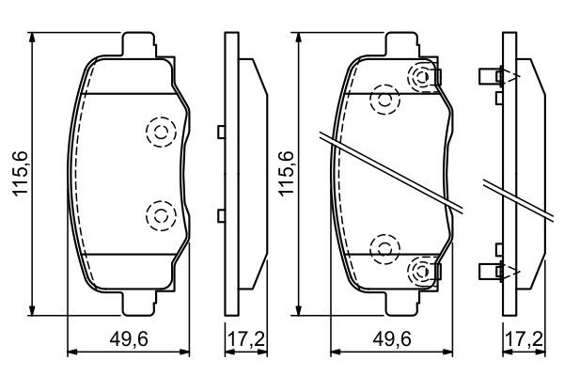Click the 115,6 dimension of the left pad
tap(21, 174)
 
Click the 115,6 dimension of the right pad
tap(287, 174)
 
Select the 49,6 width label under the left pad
tap(129, 339)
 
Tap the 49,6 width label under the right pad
tap(392, 339)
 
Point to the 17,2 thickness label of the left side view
tap(246, 339)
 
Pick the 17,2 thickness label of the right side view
tap(525, 339)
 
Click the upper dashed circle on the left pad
tap(161, 132)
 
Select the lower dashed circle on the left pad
tap(161, 216)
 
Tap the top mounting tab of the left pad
tap(139, 44)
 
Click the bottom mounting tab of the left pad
tap(139, 304)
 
